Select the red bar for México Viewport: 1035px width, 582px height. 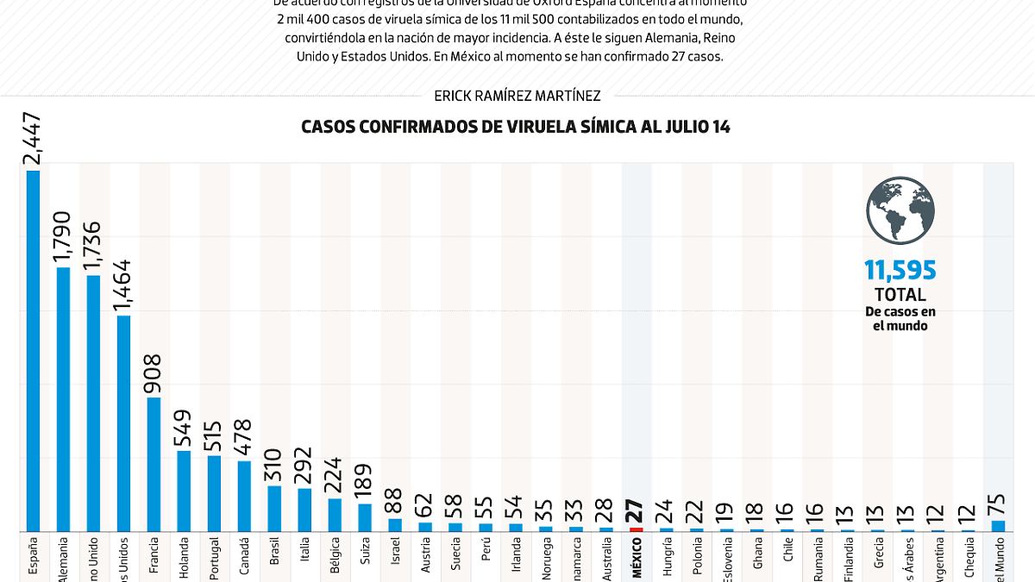[x=637, y=529]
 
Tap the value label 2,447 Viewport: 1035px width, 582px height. [x=34, y=139]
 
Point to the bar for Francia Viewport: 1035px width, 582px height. [x=154, y=464]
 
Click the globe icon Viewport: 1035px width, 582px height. [x=900, y=210]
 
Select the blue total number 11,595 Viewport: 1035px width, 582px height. [x=900, y=271]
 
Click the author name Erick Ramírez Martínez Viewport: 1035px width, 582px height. [x=517, y=97]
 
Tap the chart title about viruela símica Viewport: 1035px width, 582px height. [x=516, y=127]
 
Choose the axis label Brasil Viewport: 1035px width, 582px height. [x=274, y=549]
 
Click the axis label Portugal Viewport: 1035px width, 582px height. [x=214, y=557]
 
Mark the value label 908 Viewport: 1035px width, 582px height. [x=154, y=374]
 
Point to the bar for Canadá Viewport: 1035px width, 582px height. [x=244, y=496]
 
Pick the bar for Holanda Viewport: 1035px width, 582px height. [x=184, y=491]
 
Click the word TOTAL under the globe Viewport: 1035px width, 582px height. [x=900, y=295]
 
